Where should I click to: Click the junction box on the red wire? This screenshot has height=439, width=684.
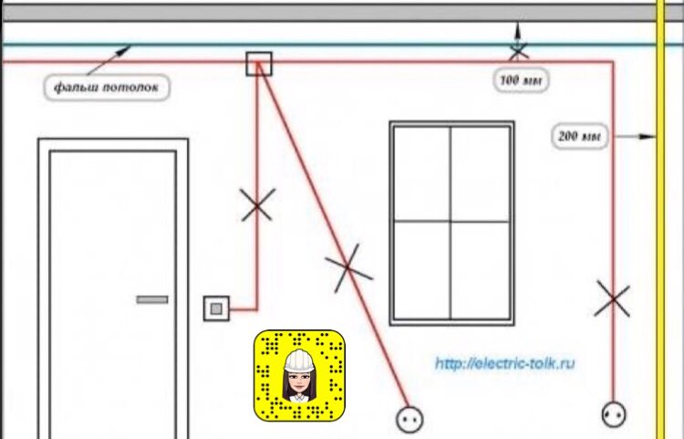[260, 64]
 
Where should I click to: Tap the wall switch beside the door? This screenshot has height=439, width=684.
[216, 308]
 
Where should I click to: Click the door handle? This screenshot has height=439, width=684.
[152, 298]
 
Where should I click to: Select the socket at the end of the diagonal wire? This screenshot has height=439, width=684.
[407, 419]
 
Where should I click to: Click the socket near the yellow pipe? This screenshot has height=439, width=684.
[614, 415]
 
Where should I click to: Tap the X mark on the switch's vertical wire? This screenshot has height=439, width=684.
[258, 204]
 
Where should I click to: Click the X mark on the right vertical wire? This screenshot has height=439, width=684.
[612, 299]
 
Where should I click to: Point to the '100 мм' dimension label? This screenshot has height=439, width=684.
[521, 80]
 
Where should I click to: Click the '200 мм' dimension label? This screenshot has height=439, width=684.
[579, 137]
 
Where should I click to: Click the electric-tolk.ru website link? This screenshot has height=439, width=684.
[504, 363]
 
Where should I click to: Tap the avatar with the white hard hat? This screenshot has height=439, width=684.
[298, 375]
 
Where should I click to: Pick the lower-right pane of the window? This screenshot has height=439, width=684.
[479, 269]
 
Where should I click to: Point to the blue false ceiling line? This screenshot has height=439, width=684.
[274, 44]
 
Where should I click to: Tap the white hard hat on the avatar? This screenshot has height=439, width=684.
[298, 360]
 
